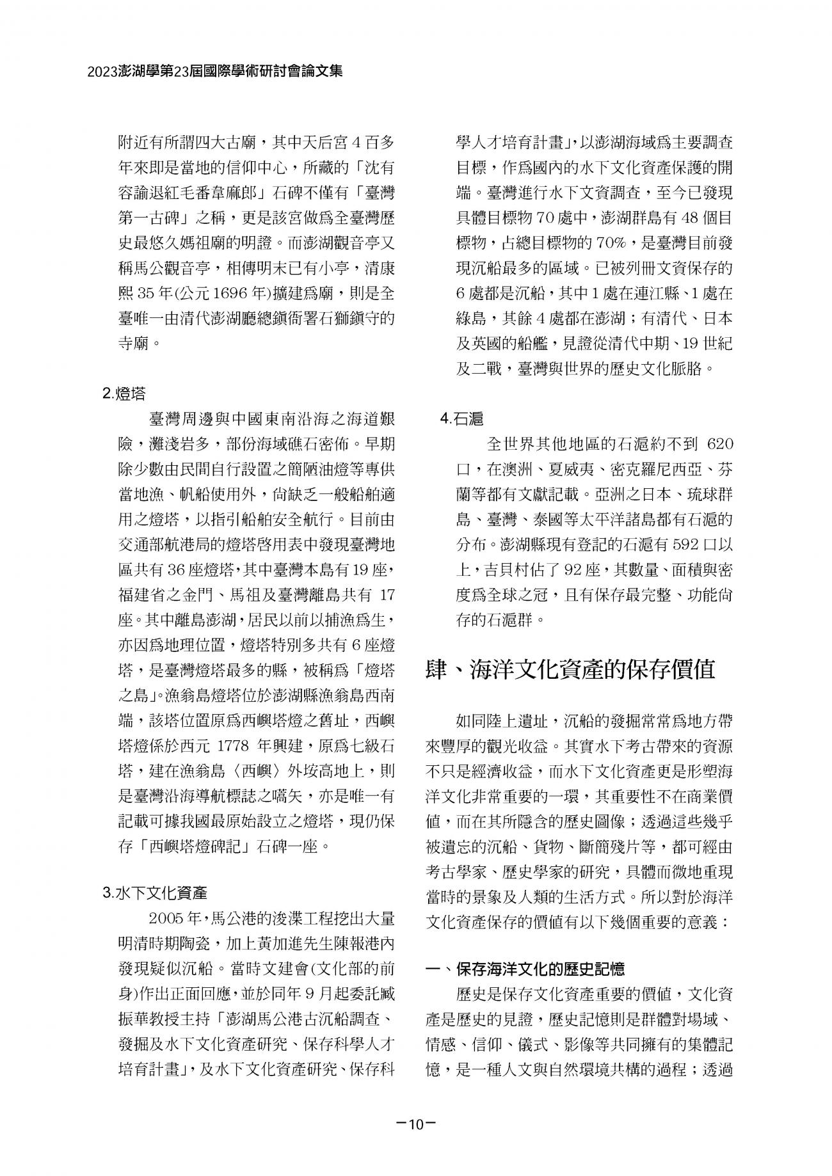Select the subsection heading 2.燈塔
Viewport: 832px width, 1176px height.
(x=124, y=393)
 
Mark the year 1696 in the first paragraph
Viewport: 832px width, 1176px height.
(x=234, y=294)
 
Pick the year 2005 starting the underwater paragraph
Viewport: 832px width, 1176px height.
(x=168, y=920)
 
